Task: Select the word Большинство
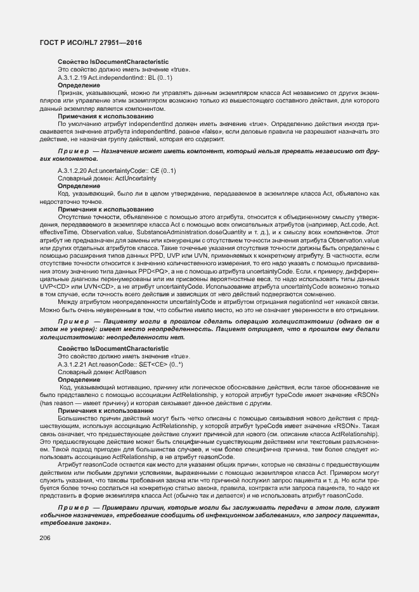[77, 419]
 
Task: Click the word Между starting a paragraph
[68, 303]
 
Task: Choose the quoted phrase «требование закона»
[75, 524]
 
